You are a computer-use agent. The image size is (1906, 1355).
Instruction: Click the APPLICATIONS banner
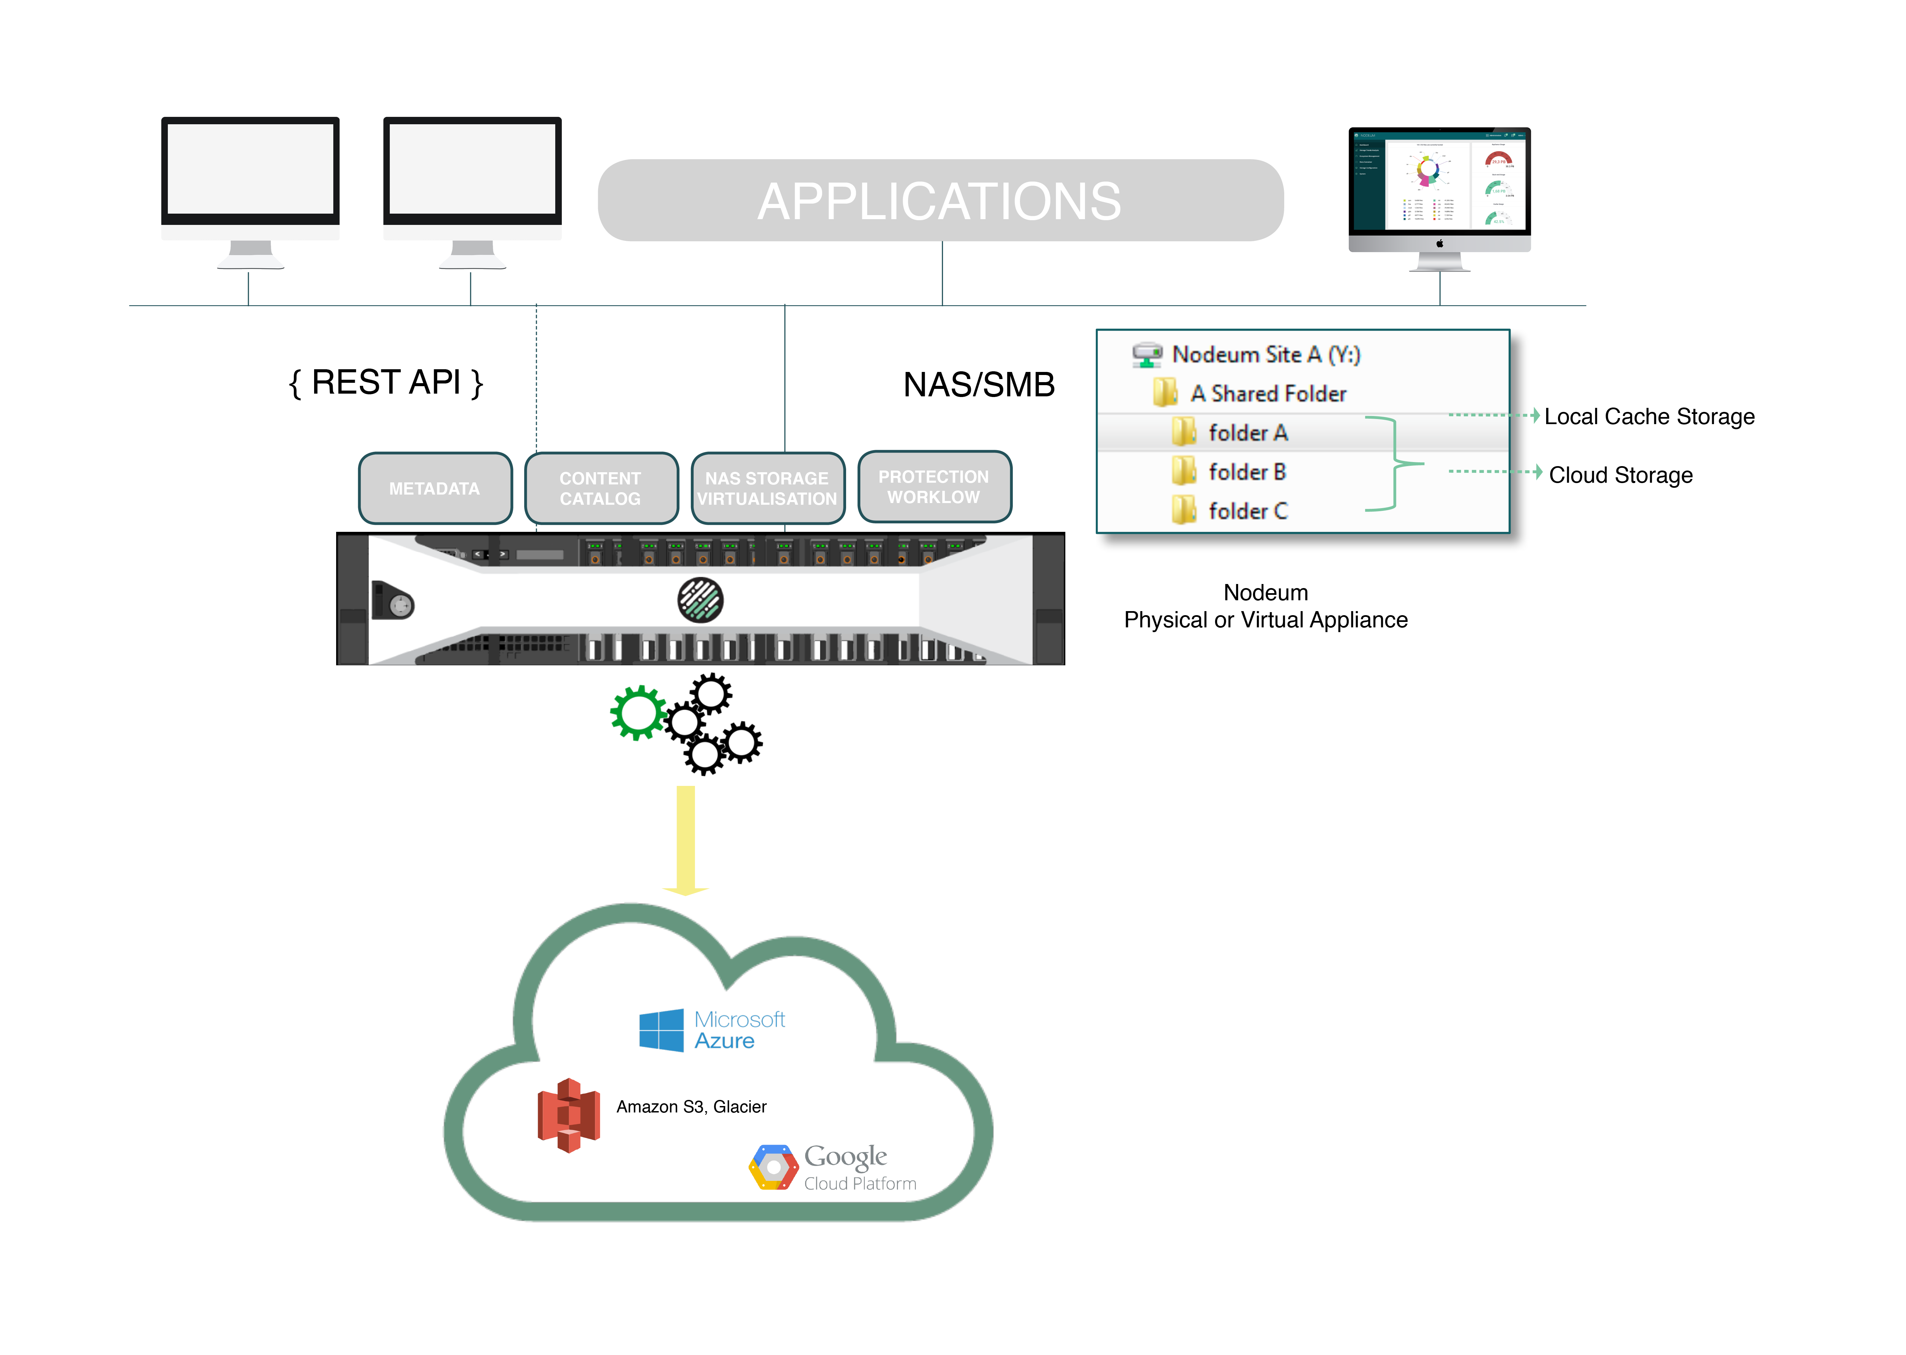tap(940, 201)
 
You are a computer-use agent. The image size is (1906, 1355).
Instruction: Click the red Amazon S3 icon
tap(568, 1115)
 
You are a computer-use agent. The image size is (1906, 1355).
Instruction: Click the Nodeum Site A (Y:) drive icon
tap(1147, 355)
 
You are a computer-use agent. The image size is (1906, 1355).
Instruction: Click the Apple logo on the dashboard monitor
tap(1439, 244)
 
